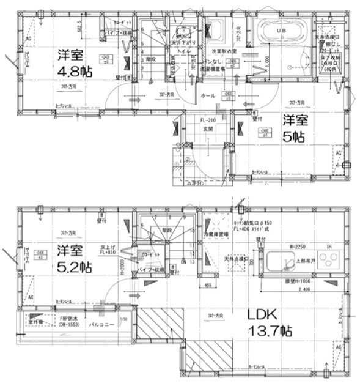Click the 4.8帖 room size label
pos(75,72)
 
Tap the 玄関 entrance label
pos(207,129)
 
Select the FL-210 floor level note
pos(209,121)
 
